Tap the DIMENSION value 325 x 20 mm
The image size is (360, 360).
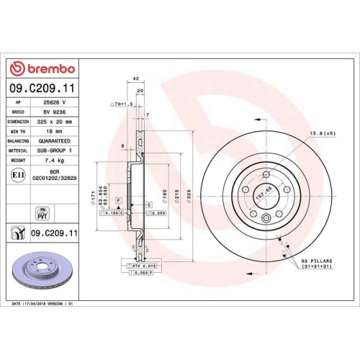[x=53, y=122]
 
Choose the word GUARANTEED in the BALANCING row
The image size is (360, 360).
[x=52, y=141]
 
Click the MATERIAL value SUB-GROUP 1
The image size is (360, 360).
[x=53, y=150]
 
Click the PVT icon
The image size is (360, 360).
[x=40, y=211]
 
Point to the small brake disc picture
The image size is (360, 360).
[x=40, y=271]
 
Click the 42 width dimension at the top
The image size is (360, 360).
[x=135, y=79]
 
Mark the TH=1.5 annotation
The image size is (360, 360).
[x=122, y=105]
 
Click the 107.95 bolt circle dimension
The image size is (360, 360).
[x=249, y=192]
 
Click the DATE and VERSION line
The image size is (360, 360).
[x=45, y=305]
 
